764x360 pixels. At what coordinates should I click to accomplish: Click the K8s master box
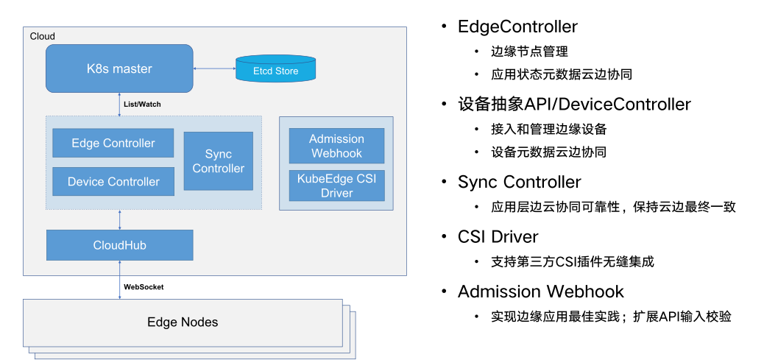(x=119, y=68)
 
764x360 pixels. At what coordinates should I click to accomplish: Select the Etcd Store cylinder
(x=276, y=70)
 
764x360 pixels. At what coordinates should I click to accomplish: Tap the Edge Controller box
(x=113, y=143)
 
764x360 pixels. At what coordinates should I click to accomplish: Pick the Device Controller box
(x=113, y=181)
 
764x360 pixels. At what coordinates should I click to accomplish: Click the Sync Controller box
(x=218, y=161)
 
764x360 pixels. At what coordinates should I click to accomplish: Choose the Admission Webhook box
(x=336, y=146)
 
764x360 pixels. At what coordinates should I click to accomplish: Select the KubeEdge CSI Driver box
(x=336, y=186)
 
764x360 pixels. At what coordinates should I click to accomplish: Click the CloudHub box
(x=119, y=244)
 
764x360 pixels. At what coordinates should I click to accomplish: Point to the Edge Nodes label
(x=183, y=322)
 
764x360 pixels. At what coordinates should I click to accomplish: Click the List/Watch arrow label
(x=142, y=105)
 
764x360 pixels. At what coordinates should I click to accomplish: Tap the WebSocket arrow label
(x=144, y=287)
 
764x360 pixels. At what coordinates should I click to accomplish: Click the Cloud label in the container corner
(x=43, y=36)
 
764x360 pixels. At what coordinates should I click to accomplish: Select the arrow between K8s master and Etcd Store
(x=213, y=68)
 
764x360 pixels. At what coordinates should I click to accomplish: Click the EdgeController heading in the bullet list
(x=517, y=27)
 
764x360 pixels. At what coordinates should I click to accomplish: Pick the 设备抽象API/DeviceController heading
(x=574, y=105)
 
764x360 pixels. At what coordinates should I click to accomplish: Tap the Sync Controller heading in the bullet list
(x=519, y=182)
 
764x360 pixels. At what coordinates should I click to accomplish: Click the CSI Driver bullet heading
(x=498, y=237)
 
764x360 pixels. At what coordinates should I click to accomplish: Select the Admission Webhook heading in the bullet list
(x=540, y=292)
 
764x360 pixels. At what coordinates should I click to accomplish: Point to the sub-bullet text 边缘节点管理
(x=529, y=52)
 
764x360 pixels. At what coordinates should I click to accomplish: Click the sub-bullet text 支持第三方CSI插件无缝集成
(x=573, y=261)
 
